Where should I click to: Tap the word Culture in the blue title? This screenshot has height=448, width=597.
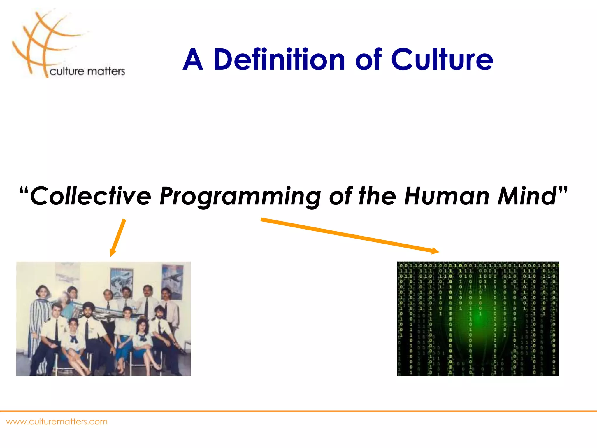point(442,60)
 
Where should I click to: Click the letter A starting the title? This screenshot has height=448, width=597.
point(193,60)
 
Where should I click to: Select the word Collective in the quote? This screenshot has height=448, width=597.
point(90,196)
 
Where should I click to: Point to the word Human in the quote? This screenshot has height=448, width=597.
point(446,196)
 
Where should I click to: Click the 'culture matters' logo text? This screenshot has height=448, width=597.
point(87,71)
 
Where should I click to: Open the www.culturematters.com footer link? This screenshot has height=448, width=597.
point(57,422)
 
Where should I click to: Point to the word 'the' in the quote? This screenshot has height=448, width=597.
point(377,196)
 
